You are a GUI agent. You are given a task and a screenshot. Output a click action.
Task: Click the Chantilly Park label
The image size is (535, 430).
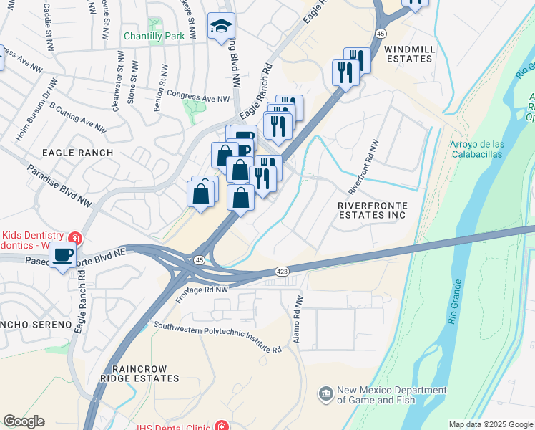[x=154, y=36]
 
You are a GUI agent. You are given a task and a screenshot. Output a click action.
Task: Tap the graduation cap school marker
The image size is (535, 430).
[x=220, y=27]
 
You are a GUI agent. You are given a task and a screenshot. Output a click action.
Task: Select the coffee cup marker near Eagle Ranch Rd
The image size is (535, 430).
[x=63, y=255]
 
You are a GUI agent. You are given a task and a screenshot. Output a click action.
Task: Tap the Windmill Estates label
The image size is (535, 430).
[x=408, y=53]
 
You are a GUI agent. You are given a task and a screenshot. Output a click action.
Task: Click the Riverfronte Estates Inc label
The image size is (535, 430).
[x=372, y=210]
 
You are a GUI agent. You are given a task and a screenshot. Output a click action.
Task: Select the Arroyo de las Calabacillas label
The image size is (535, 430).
[x=476, y=148]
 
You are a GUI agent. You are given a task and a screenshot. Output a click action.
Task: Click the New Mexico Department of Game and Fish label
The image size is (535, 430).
[x=392, y=395]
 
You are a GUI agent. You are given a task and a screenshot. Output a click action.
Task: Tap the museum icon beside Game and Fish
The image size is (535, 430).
[x=326, y=393]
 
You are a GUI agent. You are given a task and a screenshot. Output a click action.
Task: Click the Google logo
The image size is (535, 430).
[x=24, y=421]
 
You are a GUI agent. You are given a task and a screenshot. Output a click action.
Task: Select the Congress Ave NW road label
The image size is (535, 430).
[x=198, y=96]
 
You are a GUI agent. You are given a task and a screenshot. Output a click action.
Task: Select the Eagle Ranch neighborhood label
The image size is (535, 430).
[x=77, y=153]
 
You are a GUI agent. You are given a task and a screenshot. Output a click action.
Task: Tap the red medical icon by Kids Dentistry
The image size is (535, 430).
[x=74, y=238]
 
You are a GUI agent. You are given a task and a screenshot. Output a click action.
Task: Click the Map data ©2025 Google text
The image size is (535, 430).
[x=490, y=424]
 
